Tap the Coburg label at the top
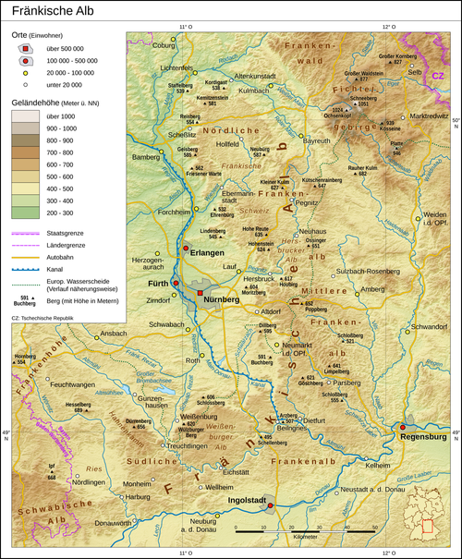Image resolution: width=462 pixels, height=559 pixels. coord(163,44)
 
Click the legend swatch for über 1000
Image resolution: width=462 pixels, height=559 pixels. coord(25,117)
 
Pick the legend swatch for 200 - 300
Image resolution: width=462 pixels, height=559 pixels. coord(25,213)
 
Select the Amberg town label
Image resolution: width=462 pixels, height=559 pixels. coord(371,289)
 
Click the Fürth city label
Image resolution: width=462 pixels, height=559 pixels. coord(157,286)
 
